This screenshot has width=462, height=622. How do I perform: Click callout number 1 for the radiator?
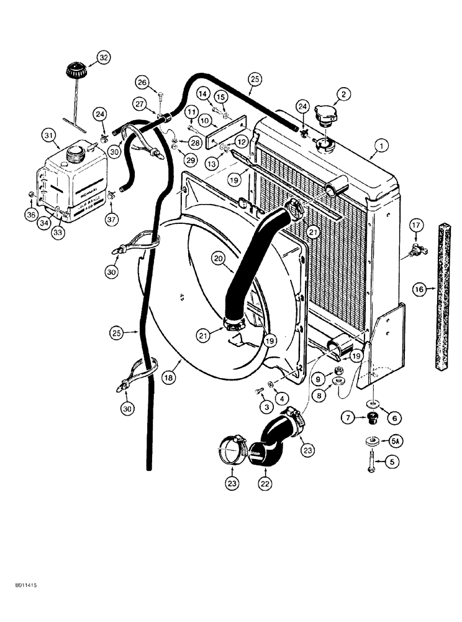pyautogui.click(x=379, y=147)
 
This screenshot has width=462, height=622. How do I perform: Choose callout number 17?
pyautogui.click(x=415, y=227)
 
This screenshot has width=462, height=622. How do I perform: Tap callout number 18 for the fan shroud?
pyautogui.click(x=168, y=377)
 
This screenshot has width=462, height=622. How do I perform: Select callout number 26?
pyautogui.click(x=142, y=82)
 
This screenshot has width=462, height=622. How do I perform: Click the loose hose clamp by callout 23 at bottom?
pyautogui.click(x=233, y=447)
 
